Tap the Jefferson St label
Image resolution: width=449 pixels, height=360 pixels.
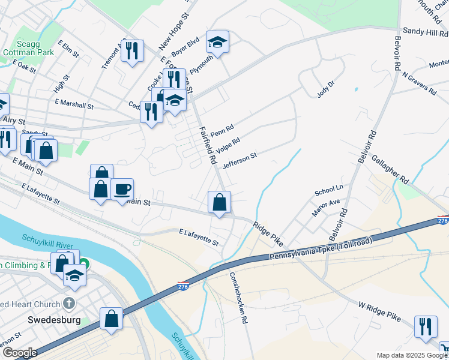pyautogui.click(x=240, y=160)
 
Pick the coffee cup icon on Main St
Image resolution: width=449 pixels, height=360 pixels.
pyautogui.click(x=122, y=190)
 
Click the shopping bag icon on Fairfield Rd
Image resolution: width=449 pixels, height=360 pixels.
pyautogui.click(x=220, y=202)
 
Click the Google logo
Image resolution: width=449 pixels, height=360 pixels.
pyautogui.click(x=19, y=353)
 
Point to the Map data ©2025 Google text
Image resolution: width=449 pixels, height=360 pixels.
pyautogui.click(x=412, y=355)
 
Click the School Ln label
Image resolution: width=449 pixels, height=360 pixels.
pyautogui.click(x=328, y=193)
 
